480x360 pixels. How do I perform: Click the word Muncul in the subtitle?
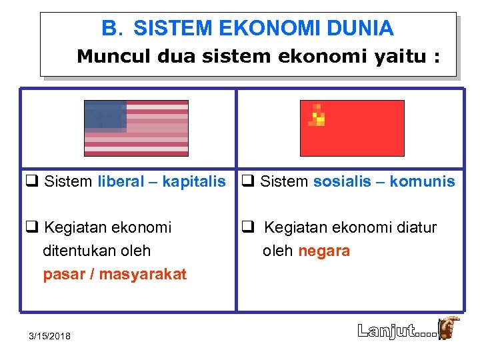[113, 57]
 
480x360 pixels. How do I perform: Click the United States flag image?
[136, 128]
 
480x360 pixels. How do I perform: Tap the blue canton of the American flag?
[105, 116]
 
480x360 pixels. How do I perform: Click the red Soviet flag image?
[352, 128]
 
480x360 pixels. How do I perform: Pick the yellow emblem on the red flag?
[318, 117]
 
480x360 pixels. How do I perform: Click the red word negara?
[324, 251]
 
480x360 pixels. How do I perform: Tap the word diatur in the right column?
[413, 228]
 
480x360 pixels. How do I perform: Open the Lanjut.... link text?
[397, 330]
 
